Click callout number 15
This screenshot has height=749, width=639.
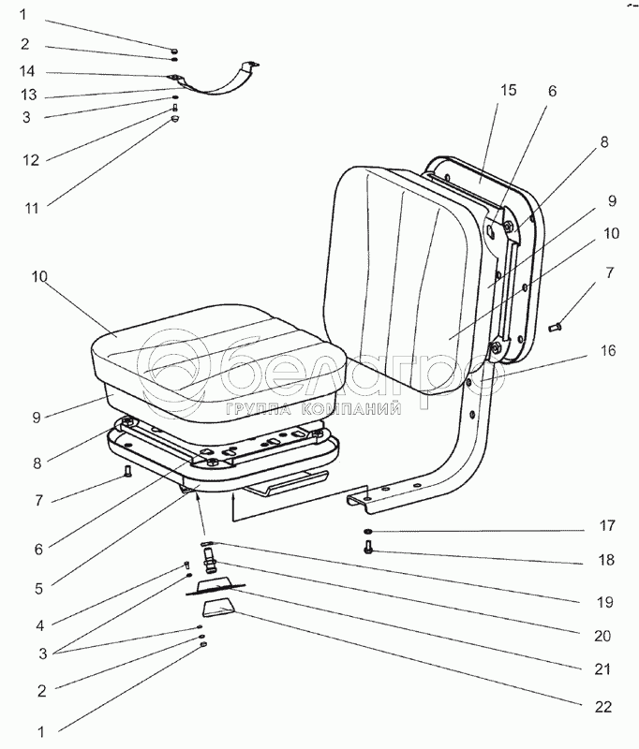[509, 90]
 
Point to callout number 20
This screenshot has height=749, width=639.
[602, 636]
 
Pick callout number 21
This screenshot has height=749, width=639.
[602, 669]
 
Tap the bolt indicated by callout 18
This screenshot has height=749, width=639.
[368, 551]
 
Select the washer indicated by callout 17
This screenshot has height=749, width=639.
[367, 533]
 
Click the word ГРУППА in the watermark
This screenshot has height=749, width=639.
[256, 408]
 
